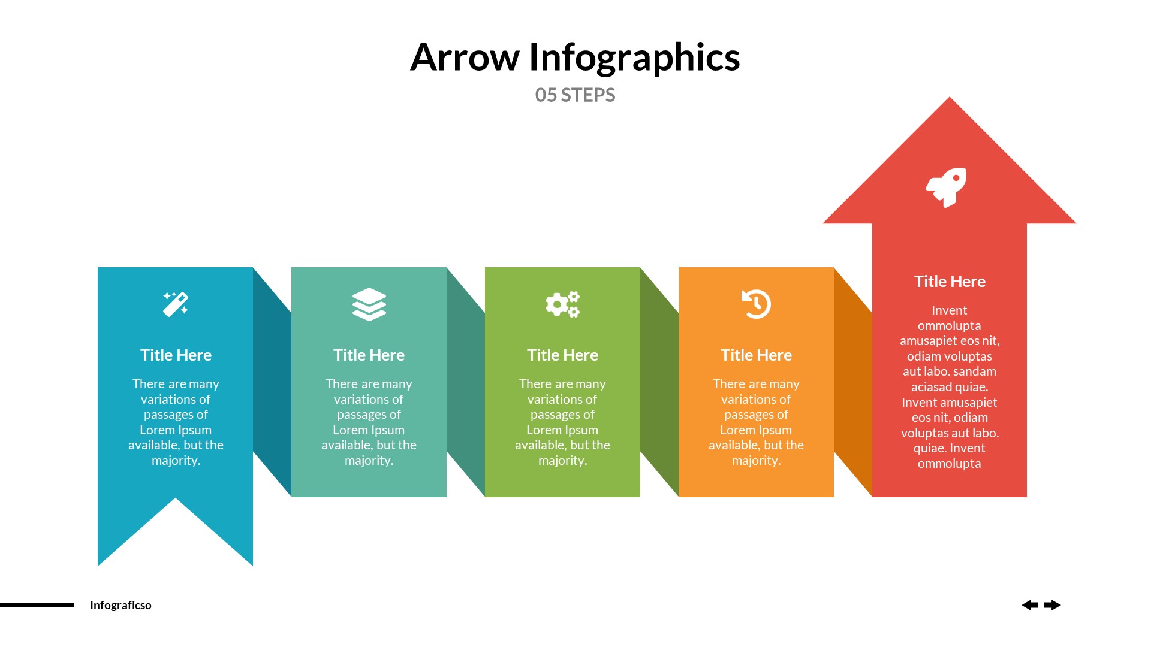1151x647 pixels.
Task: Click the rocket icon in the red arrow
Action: tap(947, 187)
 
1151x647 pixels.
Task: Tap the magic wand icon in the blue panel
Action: tap(176, 304)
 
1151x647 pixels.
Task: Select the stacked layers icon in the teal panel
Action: tap(369, 304)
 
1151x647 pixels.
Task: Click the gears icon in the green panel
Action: tap(562, 304)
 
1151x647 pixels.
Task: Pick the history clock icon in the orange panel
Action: tap(756, 304)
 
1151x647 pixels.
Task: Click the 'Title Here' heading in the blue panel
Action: tap(176, 355)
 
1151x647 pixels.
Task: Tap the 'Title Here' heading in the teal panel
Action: tap(369, 355)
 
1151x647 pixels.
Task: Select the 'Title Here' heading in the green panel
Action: tap(562, 355)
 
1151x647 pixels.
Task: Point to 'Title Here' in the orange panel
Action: tap(756, 355)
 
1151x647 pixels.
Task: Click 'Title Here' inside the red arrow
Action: tap(950, 282)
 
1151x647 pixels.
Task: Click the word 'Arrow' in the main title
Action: tap(465, 58)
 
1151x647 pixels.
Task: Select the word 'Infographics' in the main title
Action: tap(634, 59)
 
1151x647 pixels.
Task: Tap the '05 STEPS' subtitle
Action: tap(575, 95)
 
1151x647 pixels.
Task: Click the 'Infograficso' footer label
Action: tap(120, 605)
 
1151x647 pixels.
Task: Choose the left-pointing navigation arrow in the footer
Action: tap(1030, 605)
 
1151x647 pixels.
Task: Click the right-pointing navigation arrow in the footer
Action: tap(1052, 605)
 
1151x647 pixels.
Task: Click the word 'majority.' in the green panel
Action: tap(562, 461)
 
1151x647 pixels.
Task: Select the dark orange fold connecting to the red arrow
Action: tap(852, 383)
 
